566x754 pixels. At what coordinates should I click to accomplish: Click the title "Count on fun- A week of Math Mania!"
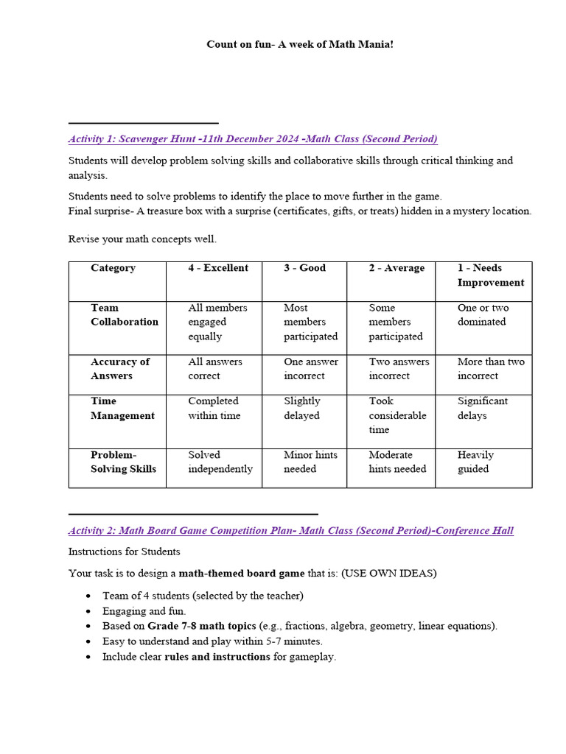pos(299,45)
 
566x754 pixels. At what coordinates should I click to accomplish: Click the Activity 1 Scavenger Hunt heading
pos(253,138)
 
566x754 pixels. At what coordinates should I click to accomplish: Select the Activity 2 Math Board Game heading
pos(290,530)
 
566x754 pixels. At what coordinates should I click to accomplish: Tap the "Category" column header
pos(113,268)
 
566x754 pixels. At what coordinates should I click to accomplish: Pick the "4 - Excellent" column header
pos(218,268)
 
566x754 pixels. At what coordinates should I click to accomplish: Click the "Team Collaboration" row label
pos(124,314)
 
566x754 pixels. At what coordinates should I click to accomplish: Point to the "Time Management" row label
pos(122,408)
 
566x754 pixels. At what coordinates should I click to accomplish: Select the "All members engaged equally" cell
pos(217,322)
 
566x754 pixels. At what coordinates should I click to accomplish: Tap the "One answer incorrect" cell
pos(311,368)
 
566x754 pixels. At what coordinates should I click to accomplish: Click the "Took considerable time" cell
pos(397,415)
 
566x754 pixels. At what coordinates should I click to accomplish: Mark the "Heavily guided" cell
pos(475,462)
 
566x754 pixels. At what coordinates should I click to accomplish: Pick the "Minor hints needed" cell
pos(310,462)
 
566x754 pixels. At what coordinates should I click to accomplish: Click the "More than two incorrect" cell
pos(491,368)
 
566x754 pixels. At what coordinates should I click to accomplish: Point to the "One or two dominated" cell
pos(483,314)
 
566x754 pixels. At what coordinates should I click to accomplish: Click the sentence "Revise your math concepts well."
pos(142,239)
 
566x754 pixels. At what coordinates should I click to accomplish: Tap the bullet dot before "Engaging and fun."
pos(89,611)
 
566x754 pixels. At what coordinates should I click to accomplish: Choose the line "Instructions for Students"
pos(124,552)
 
